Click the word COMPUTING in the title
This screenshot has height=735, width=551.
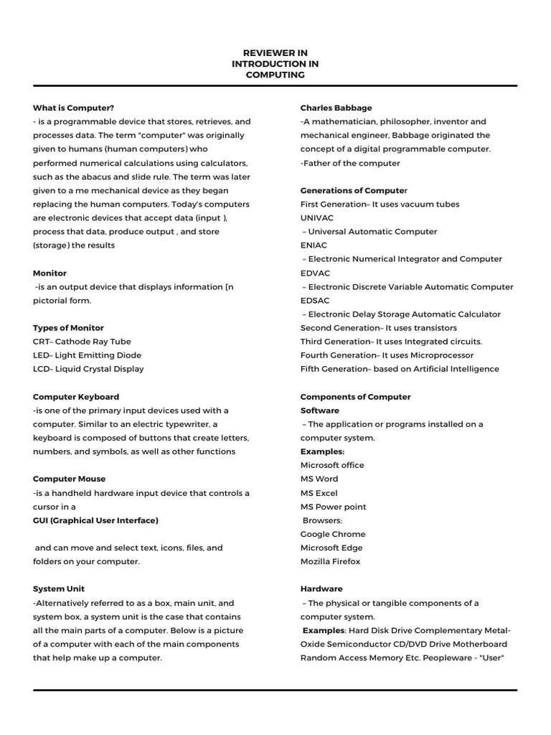coord(275,75)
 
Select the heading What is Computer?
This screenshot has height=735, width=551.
coord(74,108)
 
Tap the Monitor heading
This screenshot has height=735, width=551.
coord(50,273)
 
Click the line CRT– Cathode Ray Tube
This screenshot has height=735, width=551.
coord(82,342)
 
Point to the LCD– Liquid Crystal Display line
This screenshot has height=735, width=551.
coord(88,369)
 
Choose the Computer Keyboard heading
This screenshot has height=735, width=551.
coord(76,397)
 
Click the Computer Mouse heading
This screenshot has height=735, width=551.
coord(69,479)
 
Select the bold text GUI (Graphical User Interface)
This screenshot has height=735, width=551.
coord(95,520)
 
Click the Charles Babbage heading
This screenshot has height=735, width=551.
coord(336,108)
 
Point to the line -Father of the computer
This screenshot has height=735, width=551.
coord(350,163)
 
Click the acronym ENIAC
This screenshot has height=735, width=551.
coord(314,245)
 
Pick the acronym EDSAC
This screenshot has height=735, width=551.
coord(316,300)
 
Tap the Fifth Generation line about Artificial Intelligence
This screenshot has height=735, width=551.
coord(400,369)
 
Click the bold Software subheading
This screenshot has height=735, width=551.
coord(320,411)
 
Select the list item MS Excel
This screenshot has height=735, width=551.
coord(319,493)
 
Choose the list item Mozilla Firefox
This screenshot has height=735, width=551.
coord(331,561)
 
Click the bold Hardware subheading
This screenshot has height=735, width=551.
coord(321,589)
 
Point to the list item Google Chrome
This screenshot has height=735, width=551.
coord(333,534)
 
